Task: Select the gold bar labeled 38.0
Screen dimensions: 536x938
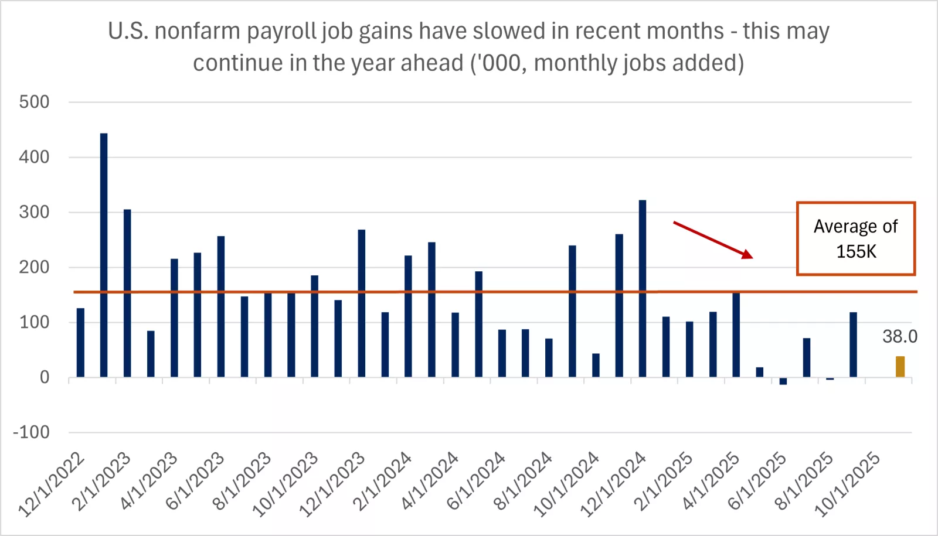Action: (x=900, y=367)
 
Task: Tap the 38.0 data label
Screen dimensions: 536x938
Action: (x=899, y=337)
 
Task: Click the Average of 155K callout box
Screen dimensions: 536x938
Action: (x=855, y=238)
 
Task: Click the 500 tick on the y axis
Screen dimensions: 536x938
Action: (x=34, y=102)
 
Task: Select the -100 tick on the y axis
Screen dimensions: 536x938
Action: (x=32, y=432)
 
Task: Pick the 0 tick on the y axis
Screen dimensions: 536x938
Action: (x=45, y=377)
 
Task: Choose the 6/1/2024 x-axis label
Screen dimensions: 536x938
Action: (x=476, y=482)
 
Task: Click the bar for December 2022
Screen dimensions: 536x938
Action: (x=80, y=343)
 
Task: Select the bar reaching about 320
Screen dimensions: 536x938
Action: (x=643, y=288)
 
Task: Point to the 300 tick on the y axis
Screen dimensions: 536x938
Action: (x=34, y=212)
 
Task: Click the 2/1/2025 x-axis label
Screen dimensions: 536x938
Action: (x=663, y=482)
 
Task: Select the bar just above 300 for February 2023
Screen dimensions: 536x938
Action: (x=127, y=293)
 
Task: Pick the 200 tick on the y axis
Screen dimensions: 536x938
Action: (x=34, y=267)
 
